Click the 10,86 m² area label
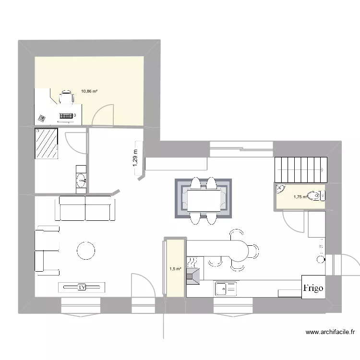coord(89,91)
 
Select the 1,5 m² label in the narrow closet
coord(175,269)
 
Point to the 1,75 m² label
coord(300,196)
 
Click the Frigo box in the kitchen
coord(313,288)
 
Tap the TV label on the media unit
coord(82,287)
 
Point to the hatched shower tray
coord(47,143)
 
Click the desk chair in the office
coord(66,98)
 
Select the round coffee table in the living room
coord(86,251)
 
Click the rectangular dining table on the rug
coord(204,201)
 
